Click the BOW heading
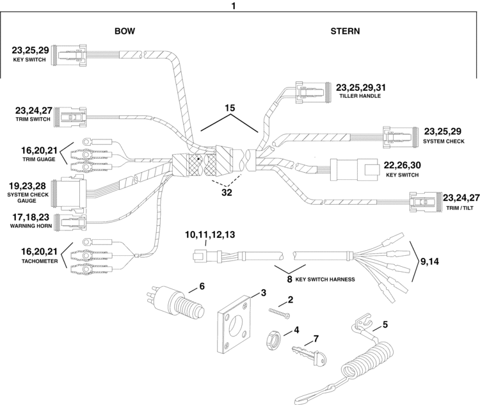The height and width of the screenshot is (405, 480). pos(125,31)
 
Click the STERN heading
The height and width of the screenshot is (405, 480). pos(345,31)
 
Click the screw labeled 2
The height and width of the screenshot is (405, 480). pos(280,314)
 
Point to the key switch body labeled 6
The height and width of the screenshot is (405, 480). pos(175,302)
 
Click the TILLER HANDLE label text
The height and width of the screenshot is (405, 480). pos(360,96)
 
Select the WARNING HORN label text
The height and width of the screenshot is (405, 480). pos(31,226)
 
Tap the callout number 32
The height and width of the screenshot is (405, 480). pos(227,193)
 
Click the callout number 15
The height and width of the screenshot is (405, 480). pos(230,107)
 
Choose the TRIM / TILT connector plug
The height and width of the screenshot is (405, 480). pos(426,202)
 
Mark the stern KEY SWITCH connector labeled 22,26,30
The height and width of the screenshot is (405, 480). pos(353,170)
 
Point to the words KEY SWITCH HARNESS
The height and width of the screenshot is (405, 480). pos(325,280)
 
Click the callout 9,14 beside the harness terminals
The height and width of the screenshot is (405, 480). pos(429,262)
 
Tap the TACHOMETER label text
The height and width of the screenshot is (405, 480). pos(40,261)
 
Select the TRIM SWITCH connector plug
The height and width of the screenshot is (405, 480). pos(70,117)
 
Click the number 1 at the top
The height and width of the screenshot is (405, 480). pos(234,6)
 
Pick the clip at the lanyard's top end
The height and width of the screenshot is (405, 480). pos(364,321)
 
